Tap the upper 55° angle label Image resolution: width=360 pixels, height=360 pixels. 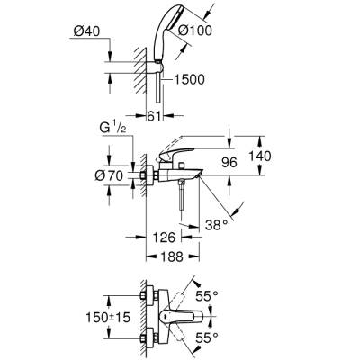[233, 294]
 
